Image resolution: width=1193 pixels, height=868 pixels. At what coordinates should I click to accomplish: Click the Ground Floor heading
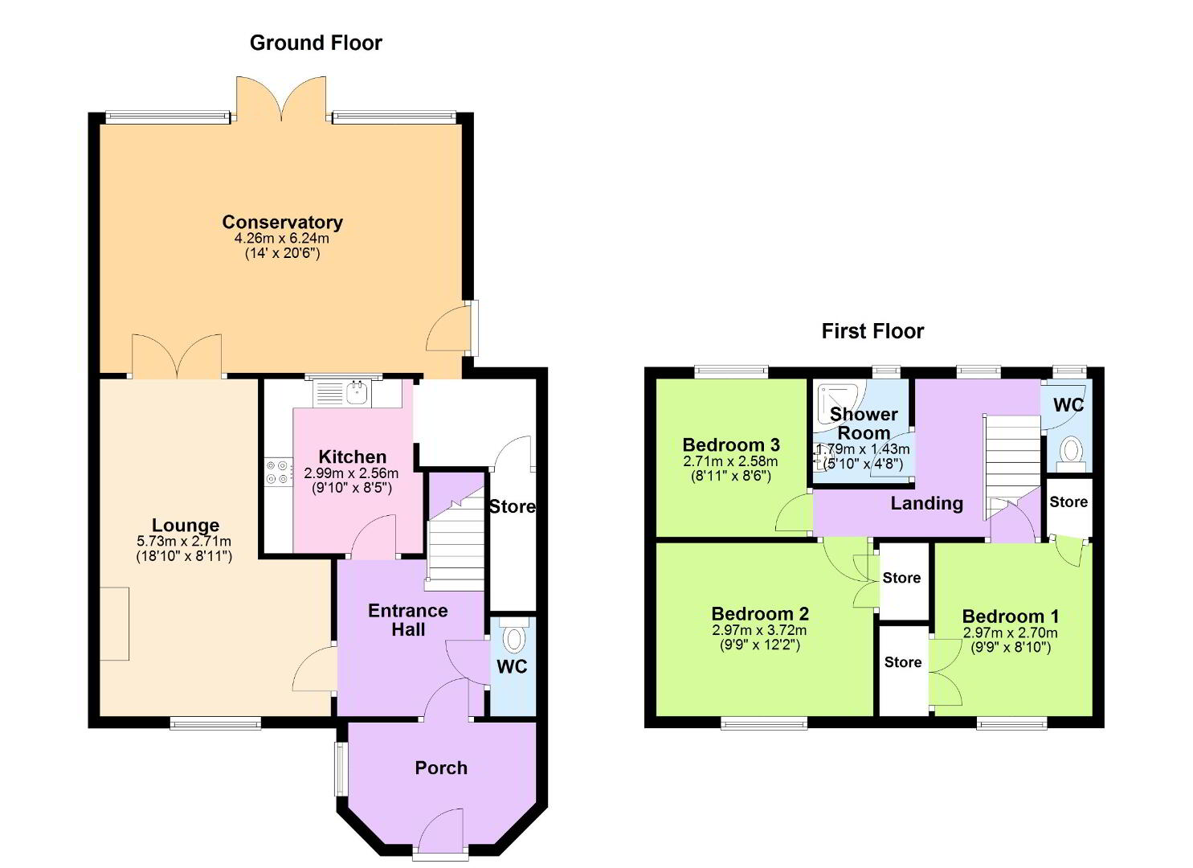(x=316, y=43)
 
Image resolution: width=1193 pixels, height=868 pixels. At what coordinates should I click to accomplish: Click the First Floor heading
(x=872, y=331)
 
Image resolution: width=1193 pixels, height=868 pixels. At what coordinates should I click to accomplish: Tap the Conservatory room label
(x=282, y=222)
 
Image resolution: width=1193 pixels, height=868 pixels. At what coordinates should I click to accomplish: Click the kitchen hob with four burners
(x=279, y=473)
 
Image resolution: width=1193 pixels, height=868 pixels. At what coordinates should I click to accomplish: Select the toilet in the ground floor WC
(x=514, y=637)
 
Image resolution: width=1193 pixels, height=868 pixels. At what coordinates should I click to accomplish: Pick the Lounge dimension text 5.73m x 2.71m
(x=184, y=542)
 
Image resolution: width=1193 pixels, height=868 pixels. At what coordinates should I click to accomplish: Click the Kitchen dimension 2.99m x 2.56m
(x=351, y=473)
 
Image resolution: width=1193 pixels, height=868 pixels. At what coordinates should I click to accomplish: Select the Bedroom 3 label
(x=731, y=444)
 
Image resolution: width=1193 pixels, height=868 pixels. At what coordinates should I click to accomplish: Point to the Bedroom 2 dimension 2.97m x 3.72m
(x=759, y=630)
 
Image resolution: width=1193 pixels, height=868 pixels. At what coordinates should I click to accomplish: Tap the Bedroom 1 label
(x=1011, y=616)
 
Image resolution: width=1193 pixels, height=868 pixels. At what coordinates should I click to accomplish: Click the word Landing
(x=927, y=504)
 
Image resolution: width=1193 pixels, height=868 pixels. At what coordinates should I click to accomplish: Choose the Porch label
(x=441, y=768)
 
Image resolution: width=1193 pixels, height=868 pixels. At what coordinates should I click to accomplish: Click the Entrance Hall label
(x=408, y=620)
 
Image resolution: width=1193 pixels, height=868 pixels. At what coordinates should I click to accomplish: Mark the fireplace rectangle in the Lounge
(x=115, y=624)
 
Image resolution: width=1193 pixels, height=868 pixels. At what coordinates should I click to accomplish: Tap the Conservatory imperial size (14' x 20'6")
(x=282, y=253)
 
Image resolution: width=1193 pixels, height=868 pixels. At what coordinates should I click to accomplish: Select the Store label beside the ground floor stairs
(x=513, y=506)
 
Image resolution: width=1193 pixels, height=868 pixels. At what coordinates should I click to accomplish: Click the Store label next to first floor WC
(x=1068, y=502)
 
